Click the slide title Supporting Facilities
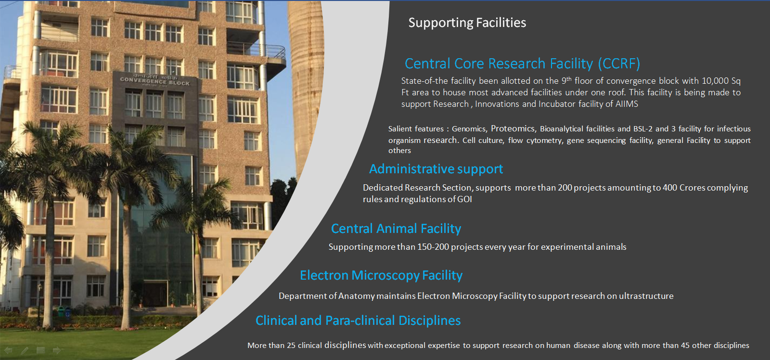(467, 23)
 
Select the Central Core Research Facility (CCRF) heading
(522, 64)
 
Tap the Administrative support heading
(436, 169)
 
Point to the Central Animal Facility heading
(396, 228)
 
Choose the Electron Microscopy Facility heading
(381, 275)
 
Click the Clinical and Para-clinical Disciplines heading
(358, 321)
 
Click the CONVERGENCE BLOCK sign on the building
(154, 81)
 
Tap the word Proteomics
(513, 129)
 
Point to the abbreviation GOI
(464, 199)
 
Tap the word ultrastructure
(646, 296)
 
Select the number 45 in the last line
(685, 345)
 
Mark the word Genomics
(469, 129)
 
